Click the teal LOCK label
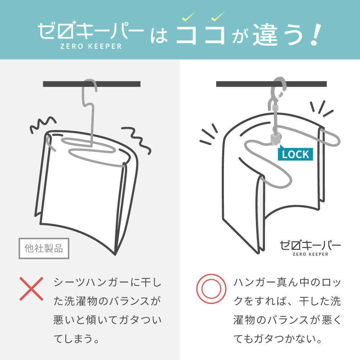(x=295, y=154)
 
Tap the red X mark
(x=31, y=289)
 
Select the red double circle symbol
(x=211, y=289)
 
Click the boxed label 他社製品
(x=44, y=248)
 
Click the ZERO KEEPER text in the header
(x=91, y=46)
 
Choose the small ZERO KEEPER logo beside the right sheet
(x=310, y=248)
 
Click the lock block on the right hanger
(x=274, y=139)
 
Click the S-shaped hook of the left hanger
(x=89, y=96)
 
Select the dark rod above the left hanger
(x=91, y=84)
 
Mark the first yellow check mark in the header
(x=189, y=16)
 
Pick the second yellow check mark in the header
(x=218, y=16)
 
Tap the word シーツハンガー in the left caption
(x=91, y=282)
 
